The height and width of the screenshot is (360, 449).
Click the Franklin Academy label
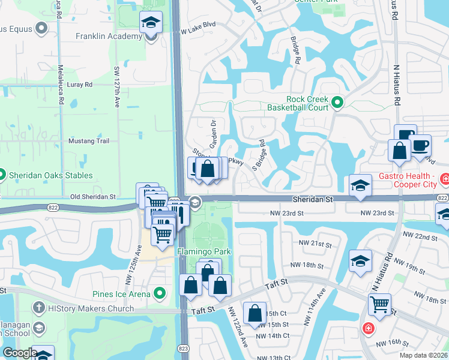click(x=109, y=36)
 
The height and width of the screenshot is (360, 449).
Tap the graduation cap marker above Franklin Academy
click(x=151, y=24)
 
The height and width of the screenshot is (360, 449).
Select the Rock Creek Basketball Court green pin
click(x=337, y=103)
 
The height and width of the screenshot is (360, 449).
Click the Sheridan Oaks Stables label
click(x=50, y=175)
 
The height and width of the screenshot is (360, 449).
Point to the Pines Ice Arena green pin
click(x=160, y=293)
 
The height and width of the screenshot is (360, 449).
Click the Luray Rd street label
click(x=80, y=85)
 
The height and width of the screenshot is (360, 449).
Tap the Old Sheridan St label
click(x=92, y=196)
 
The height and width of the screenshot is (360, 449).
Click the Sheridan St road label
click(x=312, y=198)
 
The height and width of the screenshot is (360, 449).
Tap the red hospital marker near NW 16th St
click(x=367, y=329)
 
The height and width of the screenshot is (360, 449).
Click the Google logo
click(x=20, y=353)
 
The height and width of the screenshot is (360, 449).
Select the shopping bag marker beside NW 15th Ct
click(x=255, y=313)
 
